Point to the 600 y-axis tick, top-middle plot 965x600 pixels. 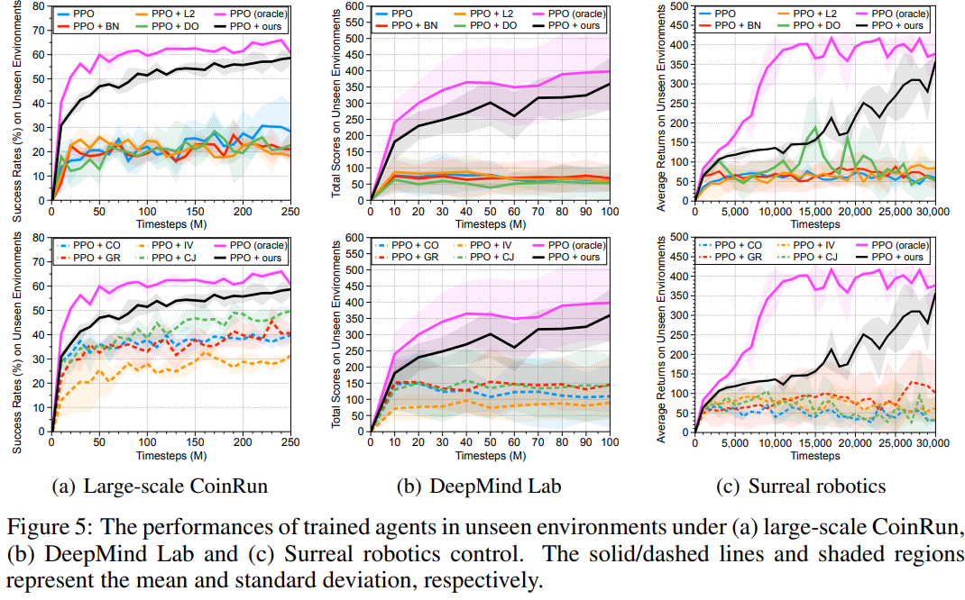352,6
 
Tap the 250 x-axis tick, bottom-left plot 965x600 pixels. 289,442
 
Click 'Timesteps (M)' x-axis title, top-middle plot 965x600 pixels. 491,224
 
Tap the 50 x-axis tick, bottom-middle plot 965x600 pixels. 490,442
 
